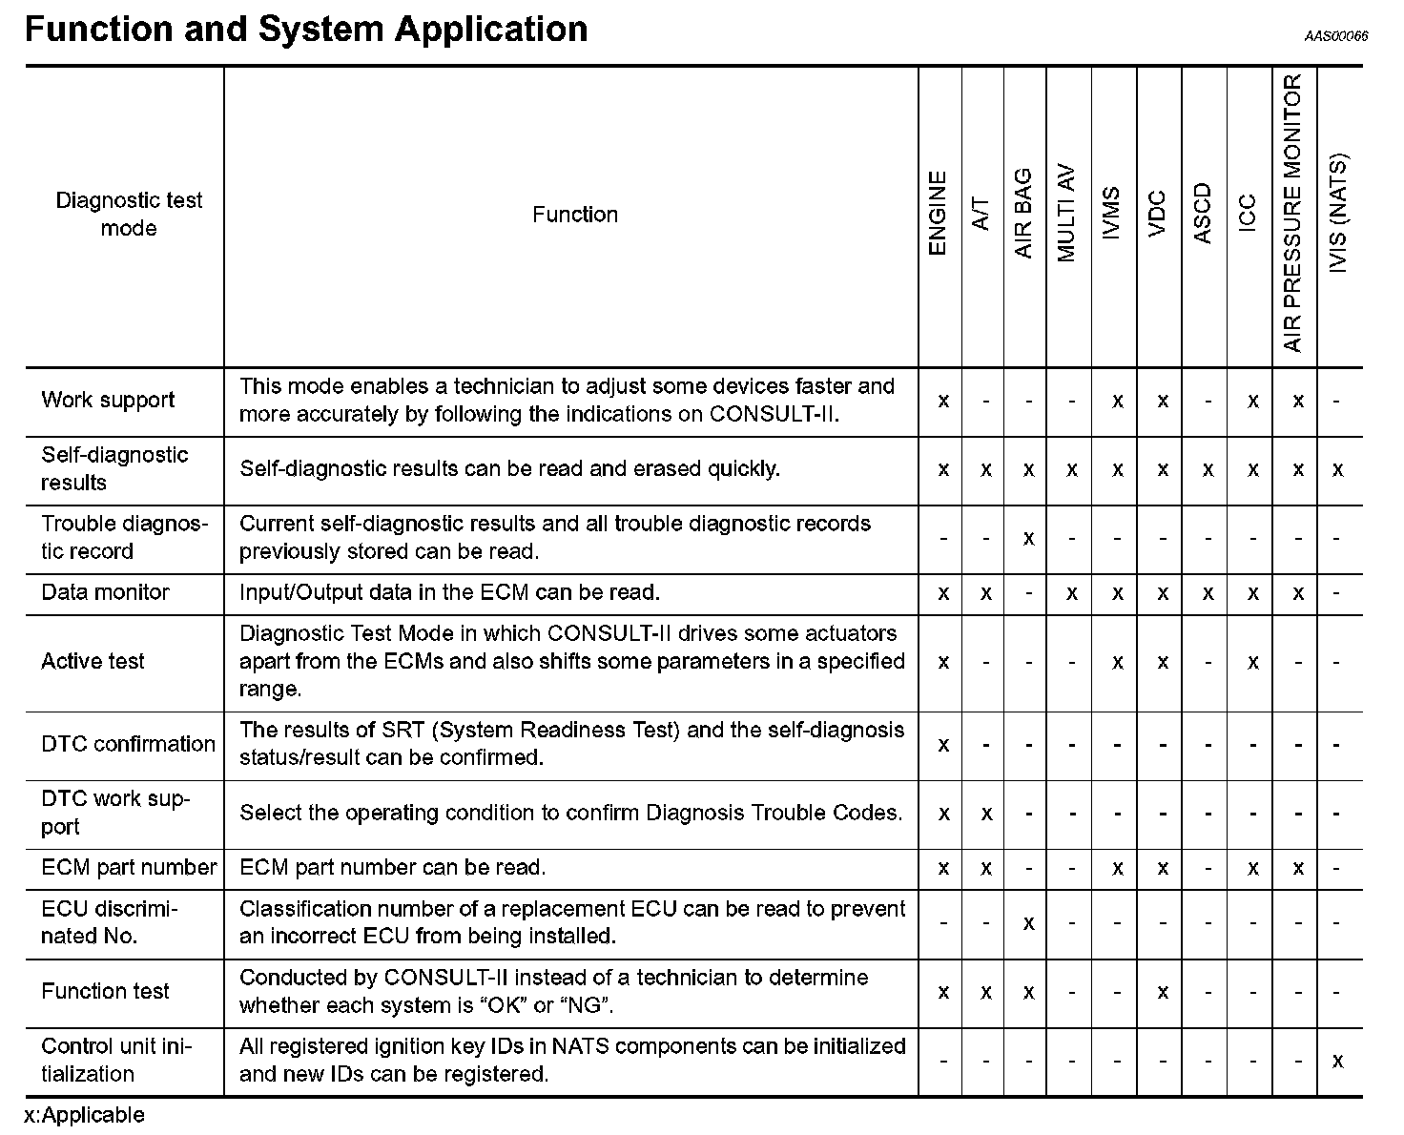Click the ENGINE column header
pyautogui.click(x=938, y=214)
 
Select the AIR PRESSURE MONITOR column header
pyautogui.click(x=1292, y=214)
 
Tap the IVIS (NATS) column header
pyautogui.click(x=1338, y=214)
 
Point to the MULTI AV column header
pyautogui.click(x=1067, y=214)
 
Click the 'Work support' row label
pyautogui.click(x=108, y=400)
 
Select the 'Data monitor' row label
pyautogui.click(x=105, y=592)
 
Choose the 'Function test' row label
pyautogui.click(x=105, y=991)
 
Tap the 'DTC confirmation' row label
pyautogui.click(x=128, y=744)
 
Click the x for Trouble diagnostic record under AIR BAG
pyautogui.click(x=1028, y=538)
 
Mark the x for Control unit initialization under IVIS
pyautogui.click(x=1338, y=1061)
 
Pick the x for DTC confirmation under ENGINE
pyautogui.click(x=943, y=744)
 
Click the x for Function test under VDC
pyautogui.click(x=1163, y=992)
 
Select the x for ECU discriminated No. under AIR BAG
pyautogui.click(x=1028, y=923)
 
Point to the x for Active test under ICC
pyautogui.click(x=1252, y=662)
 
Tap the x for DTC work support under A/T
pyautogui.click(x=986, y=814)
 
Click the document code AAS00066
pyautogui.click(x=1336, y=36)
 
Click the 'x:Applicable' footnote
pyautogui.click(x=85, y=1115)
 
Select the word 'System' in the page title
pyautogui.click(x=320, y=29)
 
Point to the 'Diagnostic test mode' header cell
pyautogui.click(x=129, y=214)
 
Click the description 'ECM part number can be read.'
pyautogui.click(x=392, y=868)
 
